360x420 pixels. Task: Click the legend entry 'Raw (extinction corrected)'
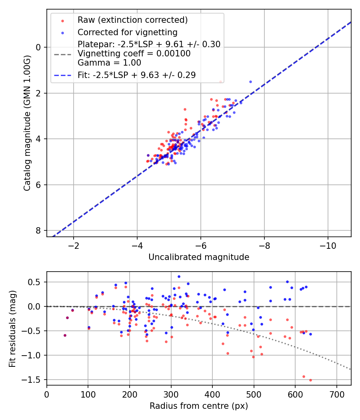pyautogui.click(x=132, y=20)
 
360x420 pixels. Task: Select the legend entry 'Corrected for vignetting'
pyautogui.click(x=127, y=32)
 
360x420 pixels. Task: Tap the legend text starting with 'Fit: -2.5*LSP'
pyautogui.click(x=136, y=75)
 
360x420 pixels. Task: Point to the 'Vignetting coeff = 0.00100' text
pyautogui.click(x=134, y=54)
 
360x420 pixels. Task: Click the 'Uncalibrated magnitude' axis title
pyautogui.click(x=199, y=257)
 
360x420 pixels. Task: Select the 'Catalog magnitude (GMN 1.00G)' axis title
pyautogui.click(x=27, y=123)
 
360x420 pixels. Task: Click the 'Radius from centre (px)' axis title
pyautogui.click(x=199, y=406)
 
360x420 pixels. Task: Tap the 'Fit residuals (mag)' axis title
pyautogui.click(x=12, y=328)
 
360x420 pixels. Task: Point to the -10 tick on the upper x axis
pyautogui.click(x=328, y=245)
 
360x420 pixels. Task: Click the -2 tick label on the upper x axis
pyautogui.click(x=74, y=245)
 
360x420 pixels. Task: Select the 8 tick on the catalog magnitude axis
pyautogui.click(x=39, y=231)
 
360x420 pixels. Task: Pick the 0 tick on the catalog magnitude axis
pyautogui.click(x=39, y=47)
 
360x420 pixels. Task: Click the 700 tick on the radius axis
pyautogui.click(x=336, y=394)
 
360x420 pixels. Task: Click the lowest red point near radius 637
pyautogui.click(x=310, y=380)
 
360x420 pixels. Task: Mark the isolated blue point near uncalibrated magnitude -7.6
pyautogui.click(x=250, y=82)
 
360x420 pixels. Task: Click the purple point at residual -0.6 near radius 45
pyautogui.click(x=65, y=335)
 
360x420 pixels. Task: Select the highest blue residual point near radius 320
pyautogui.click(x=179, y=276)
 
